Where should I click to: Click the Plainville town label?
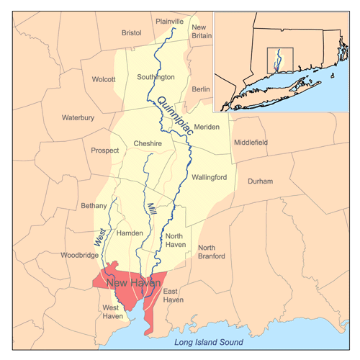click(x=169, y=22)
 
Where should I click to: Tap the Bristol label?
click(x=132, y=32)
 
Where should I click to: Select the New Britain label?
click(x=202, y=32)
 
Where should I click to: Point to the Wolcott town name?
click(x=103, y=79)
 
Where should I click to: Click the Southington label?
click(x=156, y=76)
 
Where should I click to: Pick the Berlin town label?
click(x=201, y=89)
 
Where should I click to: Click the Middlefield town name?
click(x=250, y=143)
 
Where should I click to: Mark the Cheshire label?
click(x=148, y=144)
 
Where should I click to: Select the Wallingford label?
click(x=210, y=177)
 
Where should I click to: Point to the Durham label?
click(x=260, y=181)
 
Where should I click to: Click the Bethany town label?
click(x=94, y=206)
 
